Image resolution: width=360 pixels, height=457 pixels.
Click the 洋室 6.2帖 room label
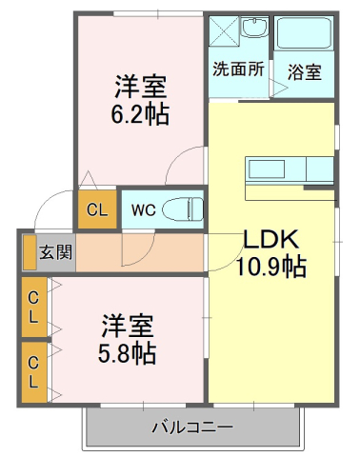[141, 101]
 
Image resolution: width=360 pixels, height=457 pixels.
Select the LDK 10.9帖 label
[270, 253]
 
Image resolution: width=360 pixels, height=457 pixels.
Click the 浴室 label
[304, 70]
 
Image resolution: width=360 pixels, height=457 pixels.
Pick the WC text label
[143, 209]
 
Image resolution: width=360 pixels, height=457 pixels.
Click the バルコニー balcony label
[191, 426]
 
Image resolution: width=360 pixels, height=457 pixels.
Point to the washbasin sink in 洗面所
[254, 29]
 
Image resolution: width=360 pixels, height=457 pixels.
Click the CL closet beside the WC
[97, 209]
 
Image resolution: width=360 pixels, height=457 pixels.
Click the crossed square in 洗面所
[223, 30]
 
